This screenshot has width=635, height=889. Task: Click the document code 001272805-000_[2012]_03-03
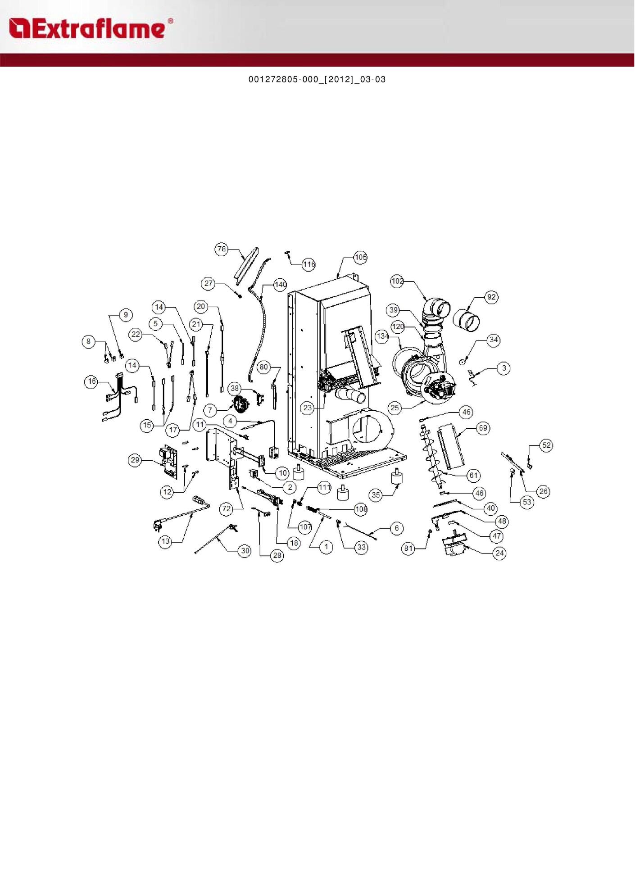click(317, 80)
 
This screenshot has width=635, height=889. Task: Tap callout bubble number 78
click(222, 249)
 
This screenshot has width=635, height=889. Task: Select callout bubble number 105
click(361, 257)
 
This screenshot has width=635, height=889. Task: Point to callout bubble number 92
click(491, 297)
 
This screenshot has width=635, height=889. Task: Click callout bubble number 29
click(135, 460)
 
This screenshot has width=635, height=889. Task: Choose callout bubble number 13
click(165, 541)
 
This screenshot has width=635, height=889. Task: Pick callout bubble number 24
click(499, 553)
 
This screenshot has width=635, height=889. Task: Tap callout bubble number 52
click(546, 445)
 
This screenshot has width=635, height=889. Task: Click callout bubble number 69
click(483, 428)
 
